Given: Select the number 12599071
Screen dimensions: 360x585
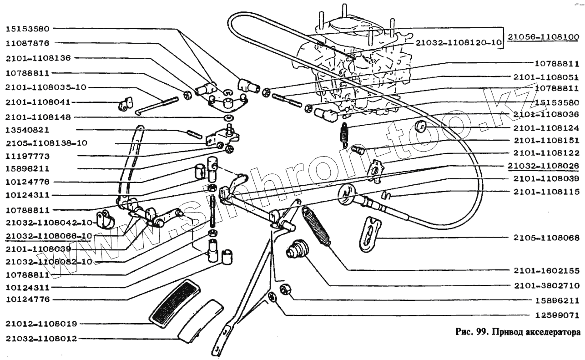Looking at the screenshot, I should pyautogui.click(x=556, y=315).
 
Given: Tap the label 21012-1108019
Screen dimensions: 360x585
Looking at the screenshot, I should pyautogui.click(x=41, y=324).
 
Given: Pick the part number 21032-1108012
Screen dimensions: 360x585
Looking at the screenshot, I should pyautogui.click(x=41, y=339).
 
